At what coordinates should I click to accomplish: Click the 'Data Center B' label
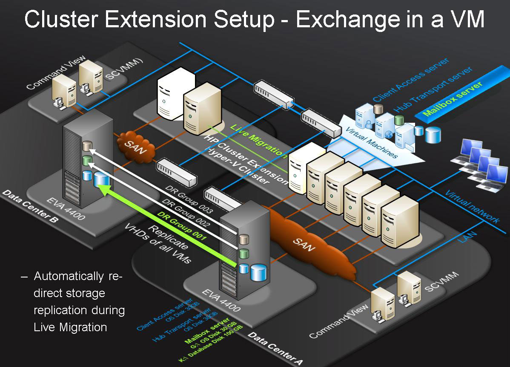(30, 207)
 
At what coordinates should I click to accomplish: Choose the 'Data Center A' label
(275, 349)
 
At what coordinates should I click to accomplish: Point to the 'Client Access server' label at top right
(410, 80)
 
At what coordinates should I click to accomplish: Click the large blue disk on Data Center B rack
(101, 179)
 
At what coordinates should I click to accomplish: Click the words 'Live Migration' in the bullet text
(70, 327)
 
